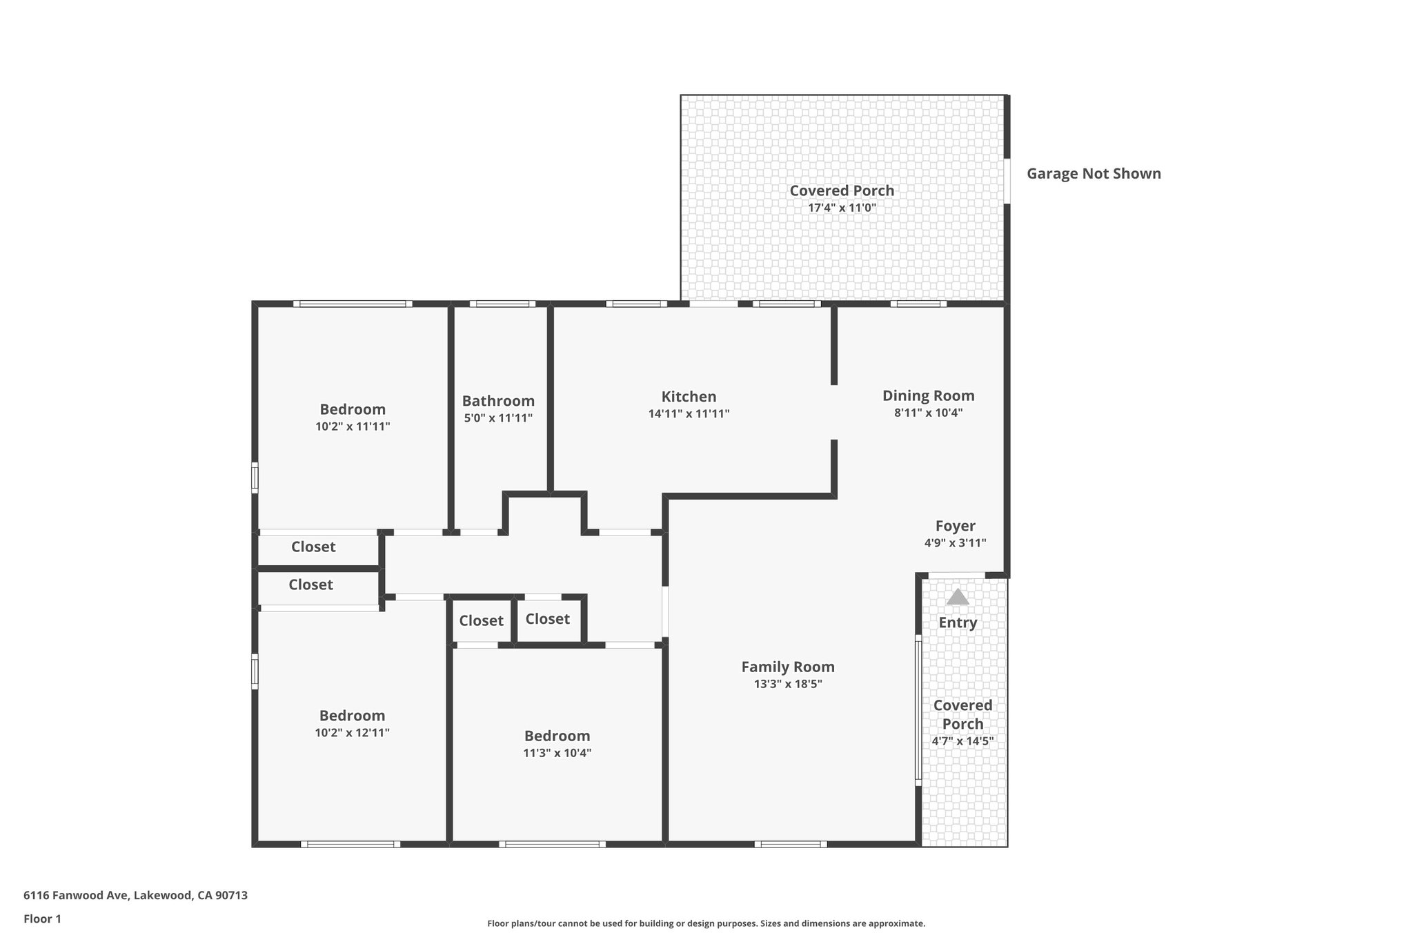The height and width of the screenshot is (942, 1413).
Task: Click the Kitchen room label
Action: [x=689, y=397]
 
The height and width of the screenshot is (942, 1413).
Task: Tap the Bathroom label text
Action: [x=498, y=401]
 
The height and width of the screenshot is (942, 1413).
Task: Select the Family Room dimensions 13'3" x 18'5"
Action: [x=788, y=684]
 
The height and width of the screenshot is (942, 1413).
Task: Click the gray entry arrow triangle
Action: [x=957, y=597]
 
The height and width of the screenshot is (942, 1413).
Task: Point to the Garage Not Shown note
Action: [x=1094, y=174]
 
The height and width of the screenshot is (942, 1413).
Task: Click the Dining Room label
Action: [x=928, y=395]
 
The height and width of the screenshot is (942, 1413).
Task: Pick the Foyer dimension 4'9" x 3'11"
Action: [x=955, y=543]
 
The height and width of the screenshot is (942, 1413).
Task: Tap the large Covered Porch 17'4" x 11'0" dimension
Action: [x=842, y=208]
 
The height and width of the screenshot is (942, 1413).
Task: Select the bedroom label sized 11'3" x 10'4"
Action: [x=557, y=736]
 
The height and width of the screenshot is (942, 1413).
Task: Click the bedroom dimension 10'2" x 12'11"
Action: [x=352, y=733]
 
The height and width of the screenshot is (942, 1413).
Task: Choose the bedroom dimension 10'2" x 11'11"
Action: [x=353, y=426]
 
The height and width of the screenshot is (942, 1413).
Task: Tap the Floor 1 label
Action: [x=42, y=919]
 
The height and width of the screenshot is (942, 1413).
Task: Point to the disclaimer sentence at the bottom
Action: [x=706, y=923]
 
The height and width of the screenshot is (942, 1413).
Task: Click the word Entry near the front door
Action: [x=958, y=622]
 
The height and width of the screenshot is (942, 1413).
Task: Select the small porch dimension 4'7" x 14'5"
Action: [x=962, y=741]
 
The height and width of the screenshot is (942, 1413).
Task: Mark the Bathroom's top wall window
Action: [x=502, y=304]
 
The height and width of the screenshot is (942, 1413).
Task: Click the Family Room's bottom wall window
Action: [x=790, y=844]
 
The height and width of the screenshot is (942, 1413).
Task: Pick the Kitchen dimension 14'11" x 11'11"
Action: [x=689, y=414]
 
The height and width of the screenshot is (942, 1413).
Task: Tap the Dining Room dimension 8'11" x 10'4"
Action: [x=928, y=413]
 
